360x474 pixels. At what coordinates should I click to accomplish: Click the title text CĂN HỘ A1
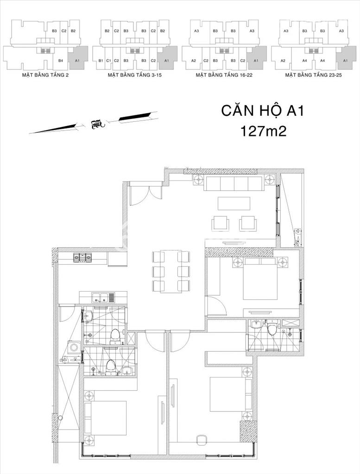[262, 112]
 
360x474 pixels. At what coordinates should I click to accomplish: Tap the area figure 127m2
[263, 131]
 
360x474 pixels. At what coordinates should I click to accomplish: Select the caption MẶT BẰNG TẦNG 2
[45, 74]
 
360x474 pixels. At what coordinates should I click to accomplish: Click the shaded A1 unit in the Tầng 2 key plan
[77, 59]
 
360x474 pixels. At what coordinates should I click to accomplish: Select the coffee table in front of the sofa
[234, 203]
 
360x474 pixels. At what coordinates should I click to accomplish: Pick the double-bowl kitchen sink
[100, 298]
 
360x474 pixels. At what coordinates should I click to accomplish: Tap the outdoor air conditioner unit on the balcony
[297, 232]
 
